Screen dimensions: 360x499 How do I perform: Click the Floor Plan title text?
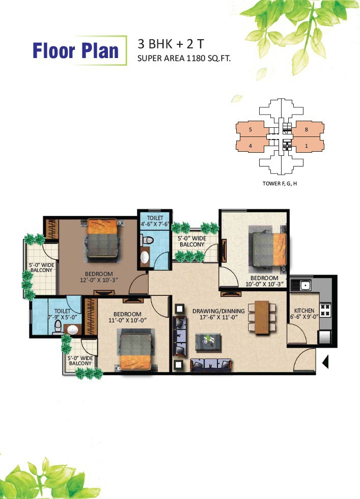pos(75,50)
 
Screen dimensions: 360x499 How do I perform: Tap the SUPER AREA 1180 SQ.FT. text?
pos(184,59)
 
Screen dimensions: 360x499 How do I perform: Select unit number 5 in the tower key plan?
pos(251,129)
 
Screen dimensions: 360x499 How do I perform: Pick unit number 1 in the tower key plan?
pos(307,146)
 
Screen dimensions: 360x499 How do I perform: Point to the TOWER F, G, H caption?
pos(280,184)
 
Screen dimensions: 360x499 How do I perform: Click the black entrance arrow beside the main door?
pos(325,362)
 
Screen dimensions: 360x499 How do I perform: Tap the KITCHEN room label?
pos(304,311)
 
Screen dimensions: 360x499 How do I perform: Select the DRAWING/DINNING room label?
pos(218,311)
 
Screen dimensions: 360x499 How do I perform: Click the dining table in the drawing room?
pos(262,317)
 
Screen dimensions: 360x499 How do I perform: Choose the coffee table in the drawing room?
pos(208,342)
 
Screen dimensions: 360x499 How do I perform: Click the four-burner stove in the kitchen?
pos(325,310)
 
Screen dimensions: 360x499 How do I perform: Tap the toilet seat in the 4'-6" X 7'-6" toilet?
pos(148,239)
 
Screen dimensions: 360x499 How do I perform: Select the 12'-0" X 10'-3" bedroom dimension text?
pos(99,281)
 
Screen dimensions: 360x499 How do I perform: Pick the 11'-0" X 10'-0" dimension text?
pos(127,320)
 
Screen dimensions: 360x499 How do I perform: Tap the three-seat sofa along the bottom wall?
pos(211,365)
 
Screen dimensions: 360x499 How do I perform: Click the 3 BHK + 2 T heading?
pos(171,44)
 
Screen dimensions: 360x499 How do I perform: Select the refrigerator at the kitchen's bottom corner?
pos(325,337)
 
